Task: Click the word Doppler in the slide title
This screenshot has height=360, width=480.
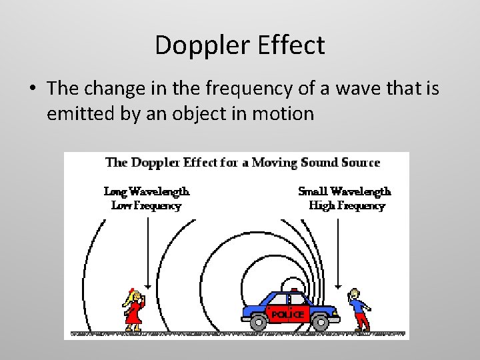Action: [196, 45]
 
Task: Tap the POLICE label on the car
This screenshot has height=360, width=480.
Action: [287, 314]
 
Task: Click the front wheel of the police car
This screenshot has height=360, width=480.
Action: [321, 322]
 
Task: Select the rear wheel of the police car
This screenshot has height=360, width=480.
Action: [257, 322]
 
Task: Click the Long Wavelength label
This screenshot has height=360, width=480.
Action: [147, 191]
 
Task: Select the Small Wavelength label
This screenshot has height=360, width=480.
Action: [345, 191]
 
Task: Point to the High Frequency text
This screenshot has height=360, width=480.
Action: [347, 206]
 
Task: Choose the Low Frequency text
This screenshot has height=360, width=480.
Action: [146, 206]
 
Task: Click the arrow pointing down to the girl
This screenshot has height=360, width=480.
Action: [147, 253]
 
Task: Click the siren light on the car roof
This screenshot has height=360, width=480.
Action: [292, 291]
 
